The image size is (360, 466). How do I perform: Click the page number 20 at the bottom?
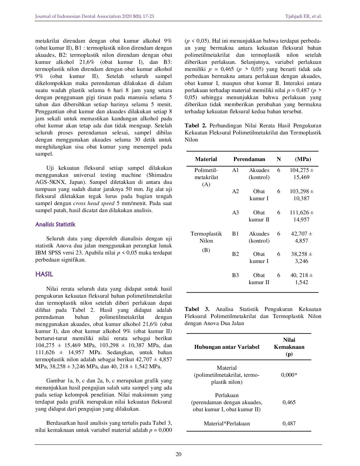(178, 454)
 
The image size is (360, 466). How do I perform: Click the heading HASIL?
(44, 274)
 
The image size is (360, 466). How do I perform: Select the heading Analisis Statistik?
(55, 225)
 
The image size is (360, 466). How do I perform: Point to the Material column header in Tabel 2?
(206, 159)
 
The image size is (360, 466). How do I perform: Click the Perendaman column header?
(249, 159)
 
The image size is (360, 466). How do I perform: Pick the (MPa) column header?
(303, 159)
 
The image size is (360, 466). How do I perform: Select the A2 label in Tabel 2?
(235, 191)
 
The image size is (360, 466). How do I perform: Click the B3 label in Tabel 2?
(235, 275)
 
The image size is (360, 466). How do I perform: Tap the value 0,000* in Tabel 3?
(289, 375)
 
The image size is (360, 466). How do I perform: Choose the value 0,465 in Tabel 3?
(289, 402)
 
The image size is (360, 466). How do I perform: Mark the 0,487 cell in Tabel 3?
(289, 424)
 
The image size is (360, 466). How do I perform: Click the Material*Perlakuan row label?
(227, 424)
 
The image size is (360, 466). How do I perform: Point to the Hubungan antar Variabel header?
(227, 347)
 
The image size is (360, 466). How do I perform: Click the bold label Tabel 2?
(195, 126)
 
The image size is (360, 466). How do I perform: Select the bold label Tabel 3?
(197, 309)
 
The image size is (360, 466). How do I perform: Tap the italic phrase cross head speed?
(94, 203)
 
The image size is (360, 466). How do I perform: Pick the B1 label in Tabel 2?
(235, 234)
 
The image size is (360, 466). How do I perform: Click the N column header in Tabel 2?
(279, 159)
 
